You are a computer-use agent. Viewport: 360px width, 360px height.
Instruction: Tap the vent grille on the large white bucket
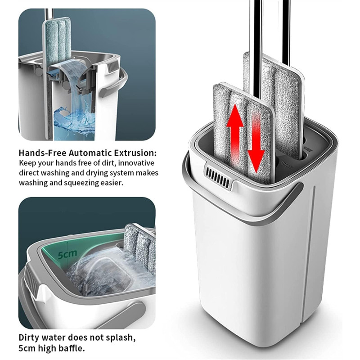[218, 176]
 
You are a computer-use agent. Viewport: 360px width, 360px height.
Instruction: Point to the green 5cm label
[67, 254]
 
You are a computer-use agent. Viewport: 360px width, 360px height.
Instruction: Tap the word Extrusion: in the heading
[136, 153]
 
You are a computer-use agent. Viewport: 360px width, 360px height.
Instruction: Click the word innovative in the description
[136, 163]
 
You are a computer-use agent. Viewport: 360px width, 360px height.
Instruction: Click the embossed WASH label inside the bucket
[287, 165]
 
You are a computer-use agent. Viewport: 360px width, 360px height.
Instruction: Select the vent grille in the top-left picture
[113, 66]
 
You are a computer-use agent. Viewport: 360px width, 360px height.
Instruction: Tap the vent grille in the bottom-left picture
[32, 279]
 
